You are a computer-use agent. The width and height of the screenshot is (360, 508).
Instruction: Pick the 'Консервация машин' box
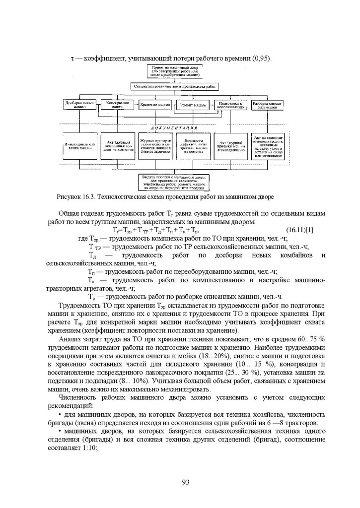118,105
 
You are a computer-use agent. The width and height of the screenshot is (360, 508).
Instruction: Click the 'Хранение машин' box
155,105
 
